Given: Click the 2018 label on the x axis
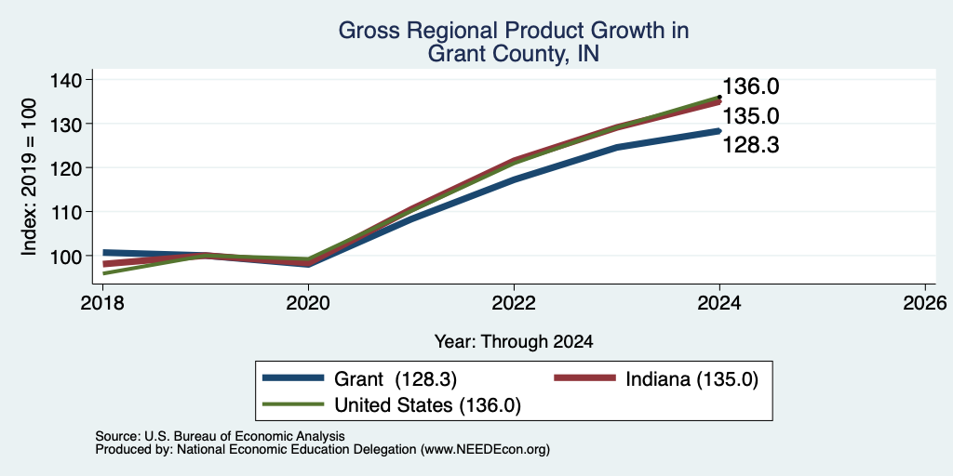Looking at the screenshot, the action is point(102,302).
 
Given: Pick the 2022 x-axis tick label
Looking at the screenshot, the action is point(514,302).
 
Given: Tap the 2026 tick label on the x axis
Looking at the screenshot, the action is point(925,302).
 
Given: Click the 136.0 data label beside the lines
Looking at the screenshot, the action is point(751,86).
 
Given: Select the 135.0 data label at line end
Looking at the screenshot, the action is point(751,116).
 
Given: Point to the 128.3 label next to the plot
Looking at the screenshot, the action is point(751,146).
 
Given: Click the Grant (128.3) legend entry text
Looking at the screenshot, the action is point(395,379).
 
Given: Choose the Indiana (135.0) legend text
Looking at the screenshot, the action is point(692,379).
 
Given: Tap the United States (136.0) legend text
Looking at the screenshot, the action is point(428,405).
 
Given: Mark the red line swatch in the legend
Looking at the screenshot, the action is point(584,378).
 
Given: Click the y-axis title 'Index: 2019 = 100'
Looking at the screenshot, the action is point(30,177).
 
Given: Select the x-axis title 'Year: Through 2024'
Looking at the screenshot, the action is point(514,342).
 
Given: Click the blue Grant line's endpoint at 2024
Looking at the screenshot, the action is point(719,130).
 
